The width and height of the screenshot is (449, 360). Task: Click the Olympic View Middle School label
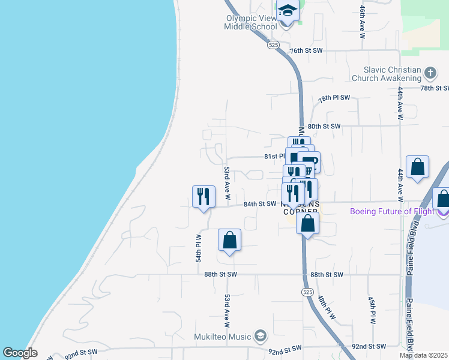click(x=251, y=22)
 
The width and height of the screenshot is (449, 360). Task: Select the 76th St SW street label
click(x=306, y=50)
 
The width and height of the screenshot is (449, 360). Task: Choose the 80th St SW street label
click(x=324, y=127)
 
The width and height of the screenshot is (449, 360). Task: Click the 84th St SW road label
click(x=259, y=204)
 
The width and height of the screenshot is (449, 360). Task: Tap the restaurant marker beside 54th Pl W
click(x=203, y=196)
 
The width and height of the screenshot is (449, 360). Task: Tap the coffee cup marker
click(x=309, y=163)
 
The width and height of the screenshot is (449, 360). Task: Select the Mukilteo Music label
click(x=222, y=335)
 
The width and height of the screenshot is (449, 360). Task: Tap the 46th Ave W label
click(x=363, y=23)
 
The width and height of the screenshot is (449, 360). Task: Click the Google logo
click(x=20, y=353)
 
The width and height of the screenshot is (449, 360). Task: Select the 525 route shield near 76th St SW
click(x=274, y=45)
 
